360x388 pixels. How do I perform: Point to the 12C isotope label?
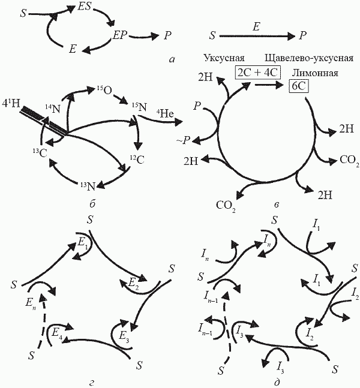point(136,160)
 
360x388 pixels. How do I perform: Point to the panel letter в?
point(275,206)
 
